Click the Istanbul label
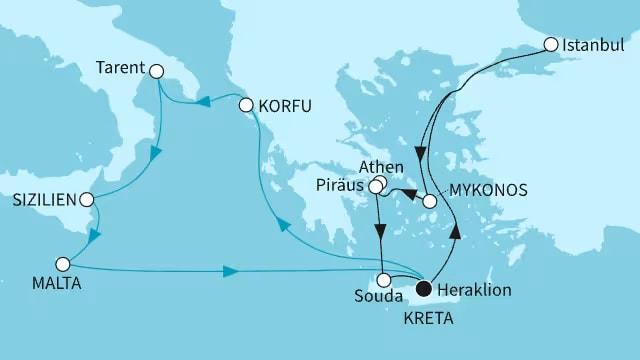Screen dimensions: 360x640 coord(596,45)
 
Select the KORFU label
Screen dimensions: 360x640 coord(285,105)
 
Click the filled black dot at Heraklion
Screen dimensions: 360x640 coord(423,288)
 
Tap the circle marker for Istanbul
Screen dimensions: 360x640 coord(551,45)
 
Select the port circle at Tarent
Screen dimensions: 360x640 coord(155,70)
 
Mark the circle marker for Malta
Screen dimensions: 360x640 coord(63,265)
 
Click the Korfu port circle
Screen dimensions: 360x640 coord(247,104)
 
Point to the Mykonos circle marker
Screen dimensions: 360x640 coord(430,201)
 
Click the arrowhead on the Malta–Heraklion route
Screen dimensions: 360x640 coord(230,271)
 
